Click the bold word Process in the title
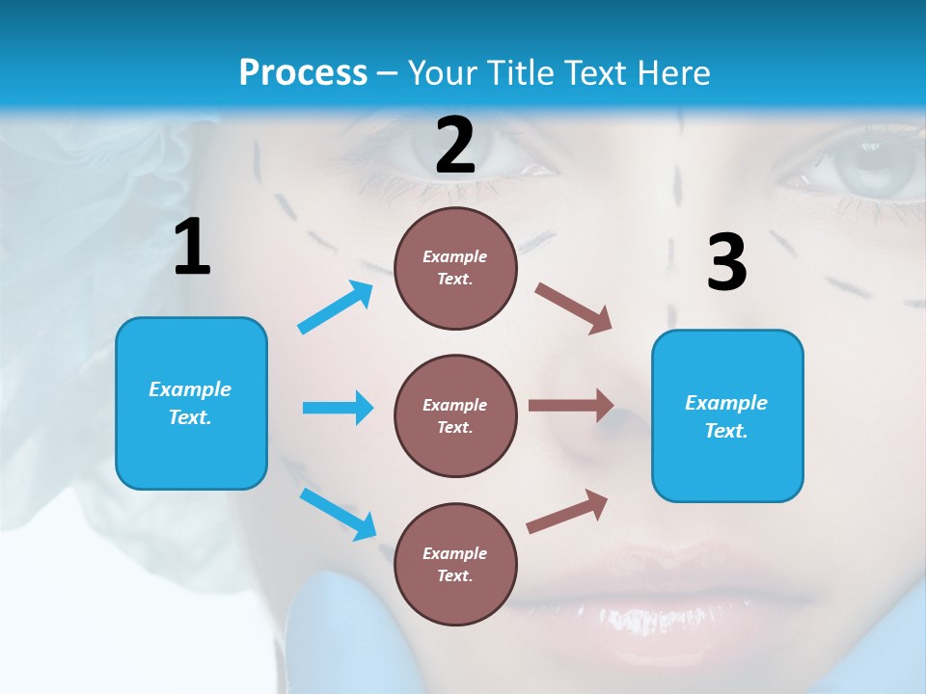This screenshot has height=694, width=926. pyautogui.click(x=303, y=73)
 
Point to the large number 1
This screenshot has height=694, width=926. pyautogui.click(x=192, y=249)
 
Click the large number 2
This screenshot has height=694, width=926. pyautogui.click(x=455, y=147)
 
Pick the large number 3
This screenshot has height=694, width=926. pyautogui.click(x=726, y=263)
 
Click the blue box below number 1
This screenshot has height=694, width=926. pyautogui.click(x=191, y=403)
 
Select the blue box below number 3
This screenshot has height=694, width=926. pyautogui.click(x=727, y=416)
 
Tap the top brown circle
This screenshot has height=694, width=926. pyautogui.click(x=455, y=268)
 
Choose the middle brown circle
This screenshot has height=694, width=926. pyautogui.click(x=455, y=415)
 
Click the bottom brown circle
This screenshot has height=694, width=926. pyautogui.click(x=455, y=564)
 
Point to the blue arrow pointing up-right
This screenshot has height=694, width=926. pyautogui.click(x=335, y=307)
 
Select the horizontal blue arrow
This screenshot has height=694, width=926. pyautogui.click(x=338, y=408)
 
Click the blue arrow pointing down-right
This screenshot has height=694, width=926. pyautogui.click(x=338, y=514)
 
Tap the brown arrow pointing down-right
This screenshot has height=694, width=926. pyautogui.click(x=574, y=308)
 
